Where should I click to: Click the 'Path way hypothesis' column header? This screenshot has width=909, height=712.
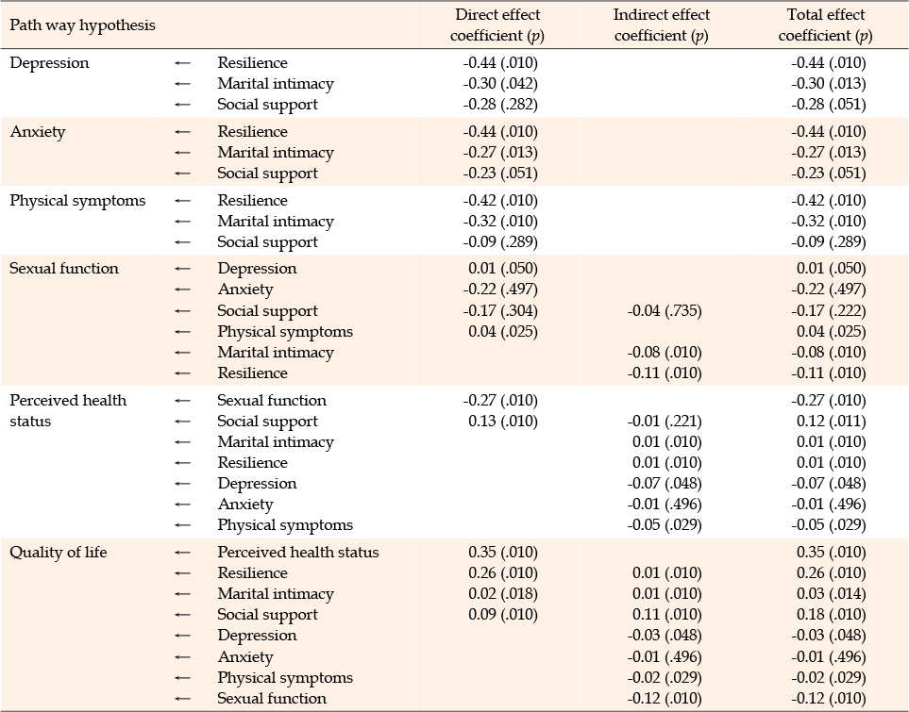tap(83, 25)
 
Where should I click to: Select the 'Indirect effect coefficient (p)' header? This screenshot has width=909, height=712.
tap(662, 25)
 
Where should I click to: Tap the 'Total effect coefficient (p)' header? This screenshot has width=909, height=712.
tap(826, 25)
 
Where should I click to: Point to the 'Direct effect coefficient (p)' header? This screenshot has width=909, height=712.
tap(497, 25)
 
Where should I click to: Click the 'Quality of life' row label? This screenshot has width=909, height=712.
tap(59, 552)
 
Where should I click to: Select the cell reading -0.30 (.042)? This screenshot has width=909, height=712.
tap(500, 83)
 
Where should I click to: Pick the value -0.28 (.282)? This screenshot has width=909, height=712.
tap(500, 105)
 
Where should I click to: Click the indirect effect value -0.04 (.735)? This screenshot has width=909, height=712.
tap(665, 311)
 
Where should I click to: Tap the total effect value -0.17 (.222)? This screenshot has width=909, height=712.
tap(829, 311)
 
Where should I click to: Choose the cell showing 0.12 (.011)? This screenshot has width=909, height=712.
tap(832, 422)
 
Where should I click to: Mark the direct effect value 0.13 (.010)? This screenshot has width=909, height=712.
tap(503, 422)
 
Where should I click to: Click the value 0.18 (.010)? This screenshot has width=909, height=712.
tap(832, 615)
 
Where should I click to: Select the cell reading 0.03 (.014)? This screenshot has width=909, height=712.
tap(832, 594)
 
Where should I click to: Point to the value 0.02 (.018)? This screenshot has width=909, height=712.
tap(503, 594)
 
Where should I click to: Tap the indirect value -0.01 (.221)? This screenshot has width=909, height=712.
tap(665, 422)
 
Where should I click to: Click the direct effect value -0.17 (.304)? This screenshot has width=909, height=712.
tap(500, 311)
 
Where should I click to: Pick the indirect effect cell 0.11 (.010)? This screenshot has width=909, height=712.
tap(667, 615)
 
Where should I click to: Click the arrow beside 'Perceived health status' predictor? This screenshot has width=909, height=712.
tap(182, 553)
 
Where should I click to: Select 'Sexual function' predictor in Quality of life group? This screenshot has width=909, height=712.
tap(272, 699)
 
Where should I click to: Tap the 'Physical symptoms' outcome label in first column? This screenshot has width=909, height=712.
tap(77, 201)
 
